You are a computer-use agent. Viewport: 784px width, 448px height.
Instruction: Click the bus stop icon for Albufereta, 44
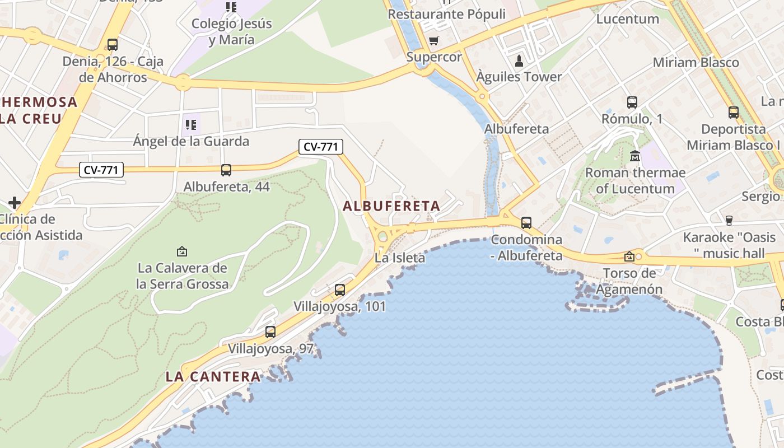tap(226, 170)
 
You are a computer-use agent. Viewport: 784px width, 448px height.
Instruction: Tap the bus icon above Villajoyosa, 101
tap(340, 290)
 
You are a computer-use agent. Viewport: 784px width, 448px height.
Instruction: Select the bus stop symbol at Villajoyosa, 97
tap(270, 332)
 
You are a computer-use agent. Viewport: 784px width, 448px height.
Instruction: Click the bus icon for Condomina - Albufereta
tap(526, 222)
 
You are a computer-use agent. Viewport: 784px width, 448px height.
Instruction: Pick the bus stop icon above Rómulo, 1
tap(632, 102)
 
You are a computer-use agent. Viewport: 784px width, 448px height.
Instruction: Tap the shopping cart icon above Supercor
tap(433, 40)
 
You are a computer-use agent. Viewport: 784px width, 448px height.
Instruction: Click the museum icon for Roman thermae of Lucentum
tap(635, 156)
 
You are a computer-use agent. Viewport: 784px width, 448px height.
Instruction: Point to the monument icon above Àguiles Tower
tap(519, 60)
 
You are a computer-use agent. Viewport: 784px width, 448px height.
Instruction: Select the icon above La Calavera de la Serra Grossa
tap(182, 251)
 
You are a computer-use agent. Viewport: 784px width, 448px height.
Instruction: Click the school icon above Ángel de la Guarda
tap(191, 124)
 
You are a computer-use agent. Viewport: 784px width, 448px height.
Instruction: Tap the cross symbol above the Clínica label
tap(15, 202)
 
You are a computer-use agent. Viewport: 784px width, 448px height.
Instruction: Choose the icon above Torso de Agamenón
tap(629, 256)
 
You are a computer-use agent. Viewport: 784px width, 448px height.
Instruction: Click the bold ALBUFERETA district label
tap(391, 206)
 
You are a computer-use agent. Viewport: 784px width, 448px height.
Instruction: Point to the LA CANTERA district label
tap(213, 377)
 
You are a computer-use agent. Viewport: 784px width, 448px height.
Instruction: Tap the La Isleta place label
tap(400, 258)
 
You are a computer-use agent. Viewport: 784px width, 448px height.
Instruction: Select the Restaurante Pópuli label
tap(446, 14)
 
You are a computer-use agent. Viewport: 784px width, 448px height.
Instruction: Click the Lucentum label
tap(628, 18)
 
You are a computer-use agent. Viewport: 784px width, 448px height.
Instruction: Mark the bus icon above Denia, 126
tap(113, 45)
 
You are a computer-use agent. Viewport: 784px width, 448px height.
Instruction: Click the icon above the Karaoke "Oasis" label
tap(729, 221)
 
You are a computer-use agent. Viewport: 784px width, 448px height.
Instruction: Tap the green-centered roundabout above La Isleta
tap(383, 236)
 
